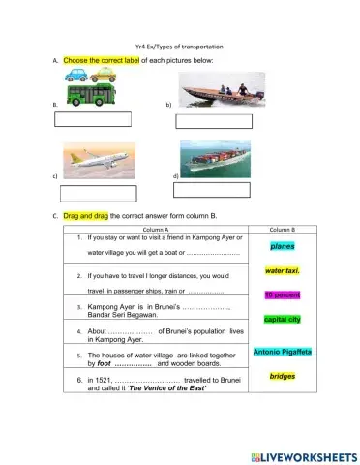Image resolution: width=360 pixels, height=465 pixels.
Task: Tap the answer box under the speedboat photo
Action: (x=214, y=122)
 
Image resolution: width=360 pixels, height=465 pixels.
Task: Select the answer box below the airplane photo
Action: (x=98, y=193)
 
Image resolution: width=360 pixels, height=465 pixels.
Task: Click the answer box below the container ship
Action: (x=211, y=190)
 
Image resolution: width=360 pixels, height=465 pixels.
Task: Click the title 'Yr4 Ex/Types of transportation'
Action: (x=180, y=46)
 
